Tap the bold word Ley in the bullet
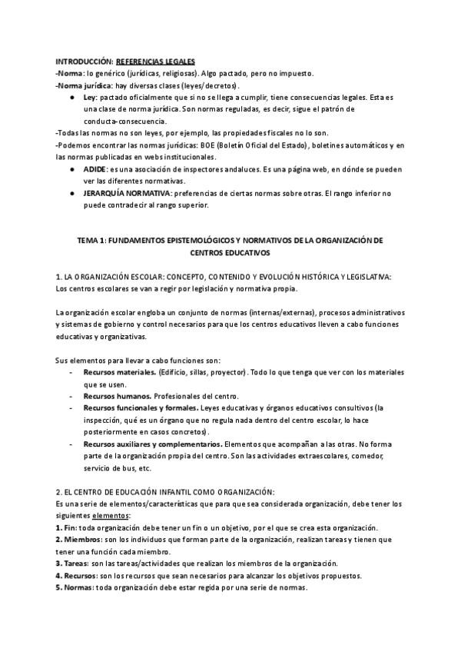point(90,98)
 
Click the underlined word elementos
point(108,516)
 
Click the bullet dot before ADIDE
point(71,168)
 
